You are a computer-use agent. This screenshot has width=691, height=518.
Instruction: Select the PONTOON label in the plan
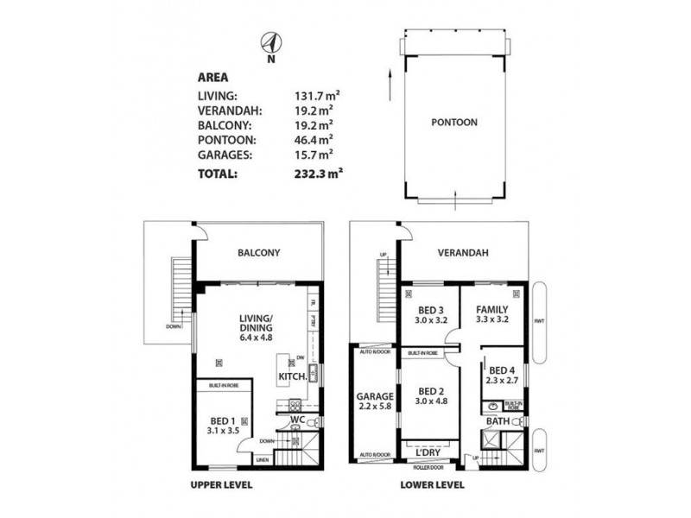[x=453, y=123]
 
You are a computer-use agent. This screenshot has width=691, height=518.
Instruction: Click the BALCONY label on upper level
[x=259, y=254]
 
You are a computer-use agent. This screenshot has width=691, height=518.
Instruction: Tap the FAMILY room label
[x=491, y=308]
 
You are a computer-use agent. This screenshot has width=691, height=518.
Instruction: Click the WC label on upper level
[x=295, y=420]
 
